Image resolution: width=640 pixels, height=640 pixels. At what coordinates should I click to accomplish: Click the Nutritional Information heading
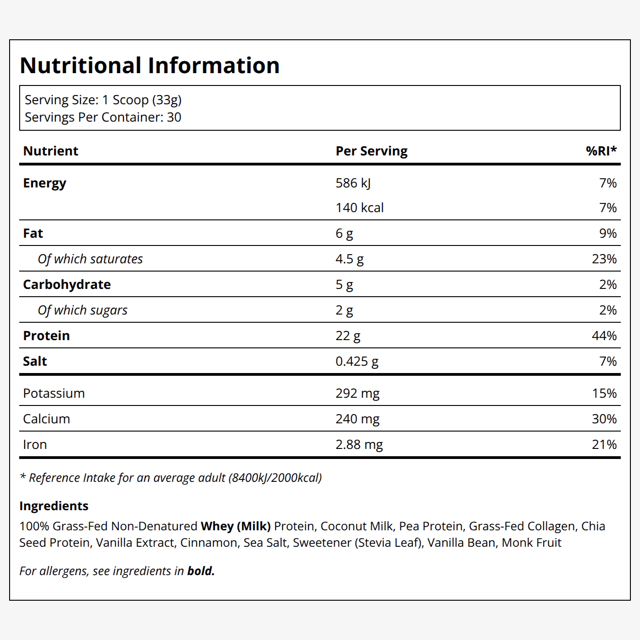click(x=149, y=65)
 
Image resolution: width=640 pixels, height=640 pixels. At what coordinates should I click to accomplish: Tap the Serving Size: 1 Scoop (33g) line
click(x=103, y=100)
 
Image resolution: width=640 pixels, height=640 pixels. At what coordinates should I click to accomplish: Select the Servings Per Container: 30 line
click(x=103, y=117)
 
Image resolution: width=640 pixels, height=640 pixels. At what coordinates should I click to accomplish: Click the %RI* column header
click(x=601, y=151)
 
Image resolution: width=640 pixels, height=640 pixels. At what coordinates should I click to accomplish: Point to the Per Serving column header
click(x=371, y=151)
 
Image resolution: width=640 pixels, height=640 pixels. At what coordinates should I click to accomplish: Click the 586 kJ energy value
click(x=353, y=183)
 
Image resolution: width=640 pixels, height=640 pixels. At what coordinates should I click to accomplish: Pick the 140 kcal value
click(x=360, y=208)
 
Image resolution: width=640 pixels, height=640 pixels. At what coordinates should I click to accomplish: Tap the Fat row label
click(x=33, y=233)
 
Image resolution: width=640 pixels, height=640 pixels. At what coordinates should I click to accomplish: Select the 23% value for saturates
click(x=604, y=259)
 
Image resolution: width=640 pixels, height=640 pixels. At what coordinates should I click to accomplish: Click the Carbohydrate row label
click(x=67, y=284)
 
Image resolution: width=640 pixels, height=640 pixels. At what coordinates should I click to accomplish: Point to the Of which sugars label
click(x=82, y=310)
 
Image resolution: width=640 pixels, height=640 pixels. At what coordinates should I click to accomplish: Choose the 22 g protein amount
click(x=348, y=336)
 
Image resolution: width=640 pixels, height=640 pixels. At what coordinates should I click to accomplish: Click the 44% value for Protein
click(x=604, y=336)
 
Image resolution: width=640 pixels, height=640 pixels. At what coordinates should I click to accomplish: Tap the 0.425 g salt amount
click(x=357, y=361)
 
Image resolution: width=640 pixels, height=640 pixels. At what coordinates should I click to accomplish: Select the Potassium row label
click(x=54, y=393)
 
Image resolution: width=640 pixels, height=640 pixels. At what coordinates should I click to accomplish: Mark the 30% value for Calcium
click(x=604, y=419)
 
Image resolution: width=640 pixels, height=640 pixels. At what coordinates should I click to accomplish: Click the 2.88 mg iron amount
click(x=359, y=444)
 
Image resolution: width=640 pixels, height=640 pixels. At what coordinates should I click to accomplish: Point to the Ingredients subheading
click(x=54, y=506)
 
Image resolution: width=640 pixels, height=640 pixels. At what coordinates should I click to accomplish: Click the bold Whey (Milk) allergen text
click(x=236, y=526)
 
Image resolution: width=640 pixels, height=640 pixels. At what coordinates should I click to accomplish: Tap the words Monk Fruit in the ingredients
click(x=531, y=542)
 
